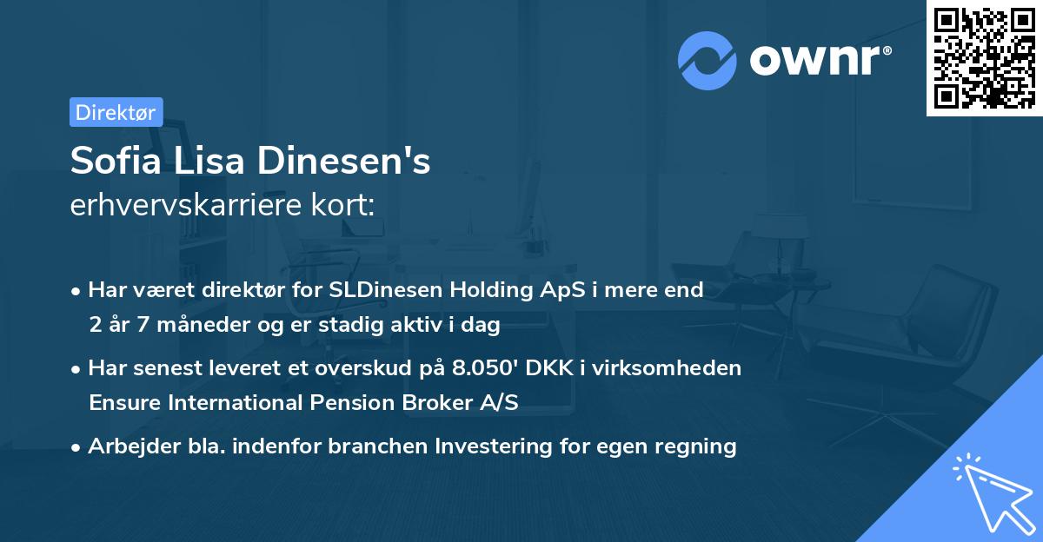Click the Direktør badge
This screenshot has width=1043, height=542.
point(116,112)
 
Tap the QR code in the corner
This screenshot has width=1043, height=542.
point(984,57)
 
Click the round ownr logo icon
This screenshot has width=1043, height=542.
point(708,61)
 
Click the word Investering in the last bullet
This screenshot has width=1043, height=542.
point(492,446)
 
